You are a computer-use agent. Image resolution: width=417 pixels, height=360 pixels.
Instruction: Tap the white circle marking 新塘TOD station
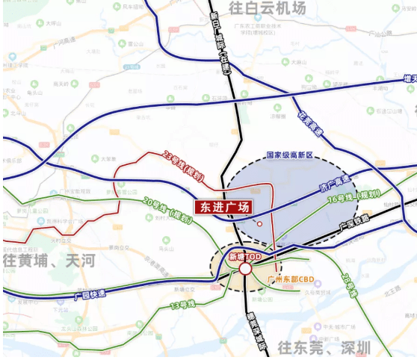(245, 268)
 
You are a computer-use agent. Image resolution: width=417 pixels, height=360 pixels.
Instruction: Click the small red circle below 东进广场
(259, 224)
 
